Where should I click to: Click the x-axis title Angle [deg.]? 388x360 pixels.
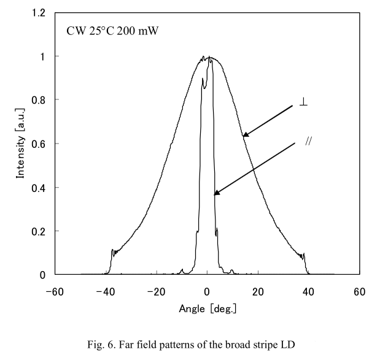(x=208, y=308)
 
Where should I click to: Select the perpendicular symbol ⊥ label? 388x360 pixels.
(x=303, y=102)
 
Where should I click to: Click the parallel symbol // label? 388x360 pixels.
(x=309, y=141)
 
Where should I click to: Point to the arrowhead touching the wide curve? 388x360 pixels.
(x=244, y=134)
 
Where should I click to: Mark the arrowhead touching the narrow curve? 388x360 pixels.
(x=216, y=194)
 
